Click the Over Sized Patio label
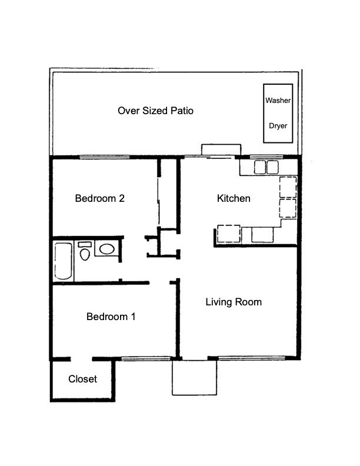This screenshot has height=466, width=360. pyautogui.click(x=155, y=111)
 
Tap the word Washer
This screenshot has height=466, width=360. pyautogui.click(x=278, y=101)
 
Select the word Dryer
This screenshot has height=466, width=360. pyautogui.click(x=278, y=125)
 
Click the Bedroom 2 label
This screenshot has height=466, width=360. pyautogui.click(x=99, y=198)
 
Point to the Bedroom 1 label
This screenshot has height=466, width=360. pyautogui.click(x=111, y=317)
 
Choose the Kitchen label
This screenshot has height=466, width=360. pyautogui.click(x=234, y=198)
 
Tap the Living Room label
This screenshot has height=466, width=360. pyautogui.click(x=234, y=302)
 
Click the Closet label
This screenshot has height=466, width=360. pyautogui.click(x=82, y=379)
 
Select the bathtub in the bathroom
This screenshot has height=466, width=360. pyautogui.click(x=63, y=261)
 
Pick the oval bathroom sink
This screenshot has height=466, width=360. pyautogui.click(x=106, y=249)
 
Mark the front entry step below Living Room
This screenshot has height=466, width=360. pyautogui.click(x=194, y=378)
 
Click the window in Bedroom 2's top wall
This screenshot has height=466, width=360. pyautogui.click(x=105, y=157)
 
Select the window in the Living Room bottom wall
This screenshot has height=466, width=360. pyautogui.click(x=253, y=358)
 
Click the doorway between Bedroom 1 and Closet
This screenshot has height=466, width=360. pyautogui.click(x=82, y=358)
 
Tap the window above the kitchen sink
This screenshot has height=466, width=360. pyautogui.click(x=265, y=158)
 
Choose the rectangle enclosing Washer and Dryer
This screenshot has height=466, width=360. pyautogui.click(x=278, y=113)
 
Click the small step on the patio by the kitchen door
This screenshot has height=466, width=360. pyautogui.click(x=220, y=150)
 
